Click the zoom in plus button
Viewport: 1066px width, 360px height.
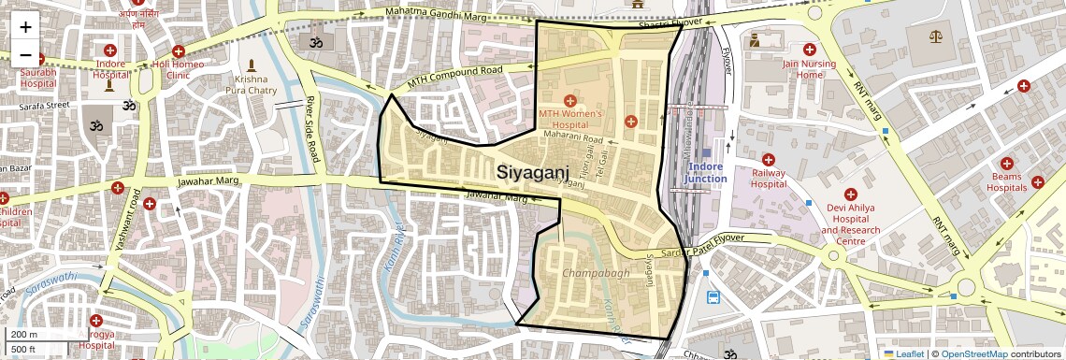tap(25, 28)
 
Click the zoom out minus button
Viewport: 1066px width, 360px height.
tap(25, 54)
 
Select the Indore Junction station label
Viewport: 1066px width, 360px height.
tap(706, 172)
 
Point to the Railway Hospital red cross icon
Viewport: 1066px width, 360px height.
tap(768, 160)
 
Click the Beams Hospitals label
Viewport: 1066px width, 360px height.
tap(1008, 181)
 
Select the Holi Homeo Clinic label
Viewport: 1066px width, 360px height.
tap(178, 69)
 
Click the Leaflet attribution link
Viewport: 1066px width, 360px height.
tap(903, 353)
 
